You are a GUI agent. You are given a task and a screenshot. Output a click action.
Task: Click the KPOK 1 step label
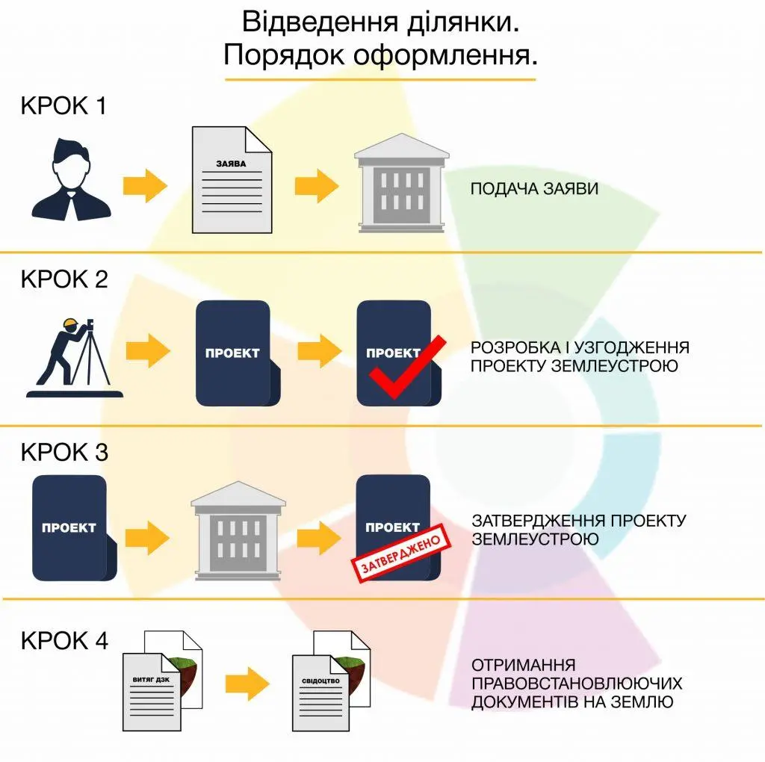click(x=63, y=106)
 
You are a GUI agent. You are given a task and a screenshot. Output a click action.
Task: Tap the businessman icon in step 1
click(x=71, y=179)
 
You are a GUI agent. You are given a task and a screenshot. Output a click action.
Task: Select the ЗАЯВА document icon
click(x=231, y=179)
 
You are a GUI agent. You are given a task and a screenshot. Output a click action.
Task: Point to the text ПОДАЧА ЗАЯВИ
click(x=534, y=189)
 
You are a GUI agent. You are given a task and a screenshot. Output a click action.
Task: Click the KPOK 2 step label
click(x=64, y=279)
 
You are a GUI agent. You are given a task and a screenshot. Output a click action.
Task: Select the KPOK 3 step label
click(x=64, y=453)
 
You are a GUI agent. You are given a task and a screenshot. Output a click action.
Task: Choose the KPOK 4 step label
click(x=64, y=641)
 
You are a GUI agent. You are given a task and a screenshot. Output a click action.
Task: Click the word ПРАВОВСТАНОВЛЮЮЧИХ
click(x=577, y=684)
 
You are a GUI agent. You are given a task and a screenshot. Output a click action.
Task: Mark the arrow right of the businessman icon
click(x=145, y=186)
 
